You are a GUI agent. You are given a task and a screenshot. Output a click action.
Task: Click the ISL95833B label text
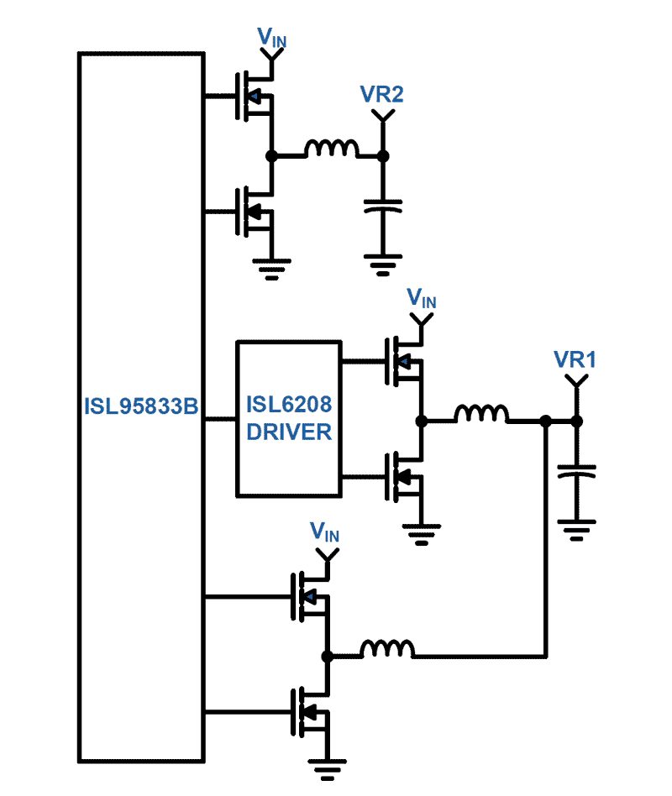140,406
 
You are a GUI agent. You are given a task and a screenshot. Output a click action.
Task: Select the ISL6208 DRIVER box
288,418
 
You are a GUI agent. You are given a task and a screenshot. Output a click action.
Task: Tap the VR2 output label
381,94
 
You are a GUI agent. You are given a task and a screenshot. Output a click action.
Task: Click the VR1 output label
575,359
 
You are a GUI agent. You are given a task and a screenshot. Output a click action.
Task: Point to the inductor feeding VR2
331,149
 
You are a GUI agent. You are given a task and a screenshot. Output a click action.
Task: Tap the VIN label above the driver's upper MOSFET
421,298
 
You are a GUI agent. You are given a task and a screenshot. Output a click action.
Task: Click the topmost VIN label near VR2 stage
270,36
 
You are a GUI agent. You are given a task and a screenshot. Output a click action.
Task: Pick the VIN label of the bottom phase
325,532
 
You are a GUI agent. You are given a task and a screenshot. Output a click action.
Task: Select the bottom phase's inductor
387,649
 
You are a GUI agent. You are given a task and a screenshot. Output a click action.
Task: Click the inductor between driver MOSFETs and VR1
480,414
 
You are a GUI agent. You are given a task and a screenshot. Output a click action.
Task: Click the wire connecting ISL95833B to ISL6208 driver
220,418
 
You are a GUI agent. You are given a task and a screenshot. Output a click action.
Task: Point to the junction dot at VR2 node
382,155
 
